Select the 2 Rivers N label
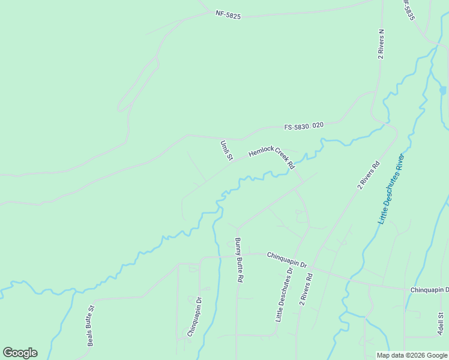coord(381,44)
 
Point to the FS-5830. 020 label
coord(304,126)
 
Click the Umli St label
coord(226,151)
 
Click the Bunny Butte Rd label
coord(238,260)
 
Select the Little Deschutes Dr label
coord(283,295)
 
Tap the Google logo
coord(20,353)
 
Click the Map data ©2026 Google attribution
coord(412,355)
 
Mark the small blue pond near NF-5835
coord(443,91)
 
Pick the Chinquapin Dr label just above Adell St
coord(429,290)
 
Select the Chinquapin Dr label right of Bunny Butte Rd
coord(286,260)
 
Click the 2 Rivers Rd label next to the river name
coord(369,175)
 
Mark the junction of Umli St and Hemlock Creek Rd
coord(234,160)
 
